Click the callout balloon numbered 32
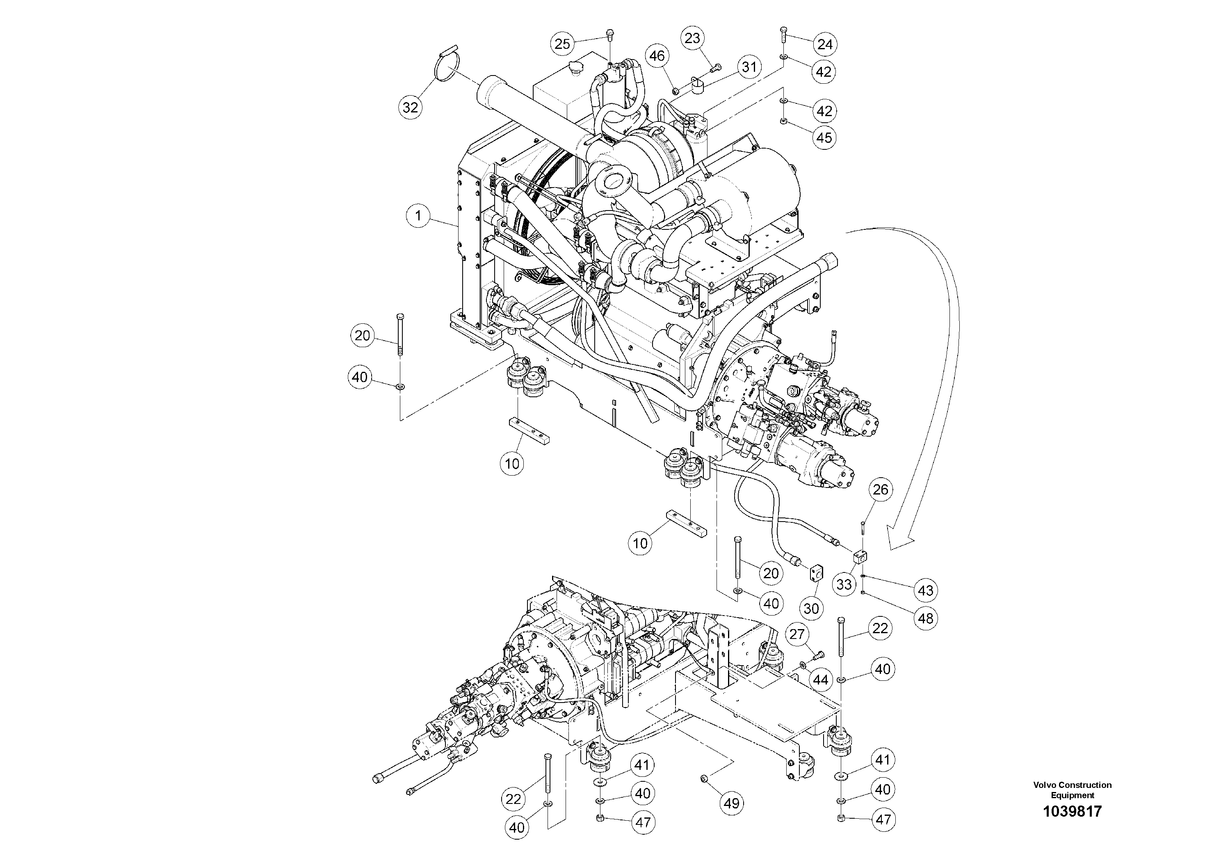point(410,108)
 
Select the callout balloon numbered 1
point(418,215)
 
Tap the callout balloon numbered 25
point(563,43)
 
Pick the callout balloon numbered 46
point(657,56)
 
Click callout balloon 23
point(693,38)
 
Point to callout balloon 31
point(749,67)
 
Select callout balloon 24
point(825,44)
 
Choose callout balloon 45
point(824,138)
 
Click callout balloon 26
point(881,490)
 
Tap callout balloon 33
point(844,585)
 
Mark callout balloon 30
point(811,608)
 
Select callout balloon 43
point(925,590)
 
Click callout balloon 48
point(925,618)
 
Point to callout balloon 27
point(797,634)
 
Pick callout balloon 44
point(821,680)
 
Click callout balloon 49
point(732,803)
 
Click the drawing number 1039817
point(1072,811)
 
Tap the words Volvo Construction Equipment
point(1072,790)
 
